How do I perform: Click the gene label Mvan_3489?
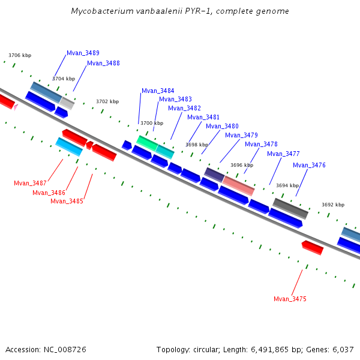click(83, 53)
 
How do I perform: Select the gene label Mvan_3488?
click(103, 63)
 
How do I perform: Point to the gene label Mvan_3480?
click(222, 126)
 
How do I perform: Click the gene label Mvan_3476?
click(309, 165)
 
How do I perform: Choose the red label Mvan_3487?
click(30, 183)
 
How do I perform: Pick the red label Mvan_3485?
click(67, 201)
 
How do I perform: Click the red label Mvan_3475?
click(290, 299)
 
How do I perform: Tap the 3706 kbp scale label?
click(20, 55)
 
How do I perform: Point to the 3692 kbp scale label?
click(333, 205)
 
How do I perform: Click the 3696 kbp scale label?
click(242, 165)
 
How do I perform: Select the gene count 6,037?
click(343, 349)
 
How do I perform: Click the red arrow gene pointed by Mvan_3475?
click(312, 247)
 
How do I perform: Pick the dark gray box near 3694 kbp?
click(290, 208)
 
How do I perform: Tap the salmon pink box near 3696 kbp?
click(238, 185)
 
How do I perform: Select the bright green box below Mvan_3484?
click(146, 143)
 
